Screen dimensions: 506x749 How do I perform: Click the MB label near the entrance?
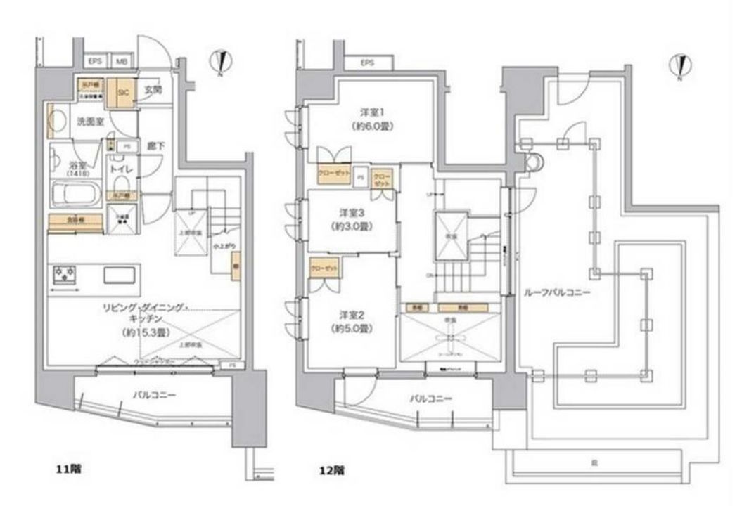[x=121, y=62]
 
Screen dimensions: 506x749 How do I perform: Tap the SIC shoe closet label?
[x=122, y=92]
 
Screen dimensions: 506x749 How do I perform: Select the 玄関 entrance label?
[x=153, y=90]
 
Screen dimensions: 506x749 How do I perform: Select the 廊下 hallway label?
[x=154, y=147]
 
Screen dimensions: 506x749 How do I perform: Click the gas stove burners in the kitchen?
[x=65, y=275]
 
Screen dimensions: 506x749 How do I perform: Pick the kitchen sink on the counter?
[x=118, y=275]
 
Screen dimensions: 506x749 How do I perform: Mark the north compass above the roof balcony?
[x=679, y=66]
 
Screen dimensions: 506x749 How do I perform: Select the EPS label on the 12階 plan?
[x=366, y=63]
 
